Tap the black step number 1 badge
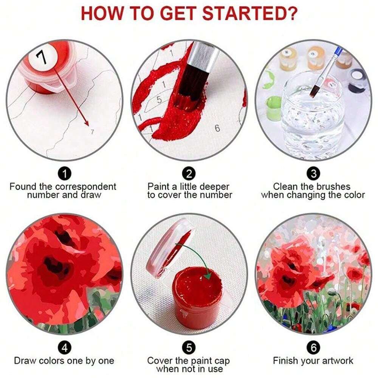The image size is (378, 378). [x=65, y=174]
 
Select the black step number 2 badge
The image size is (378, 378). [x=189, y=174]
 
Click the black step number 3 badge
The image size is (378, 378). [x=313, y=174]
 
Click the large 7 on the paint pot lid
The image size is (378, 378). [x=42, y=58]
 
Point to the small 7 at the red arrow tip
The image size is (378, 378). [x=92, y=131]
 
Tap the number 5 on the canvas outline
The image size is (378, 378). [x=159, y=99]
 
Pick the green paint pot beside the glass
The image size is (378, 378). [x=273, y=108]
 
